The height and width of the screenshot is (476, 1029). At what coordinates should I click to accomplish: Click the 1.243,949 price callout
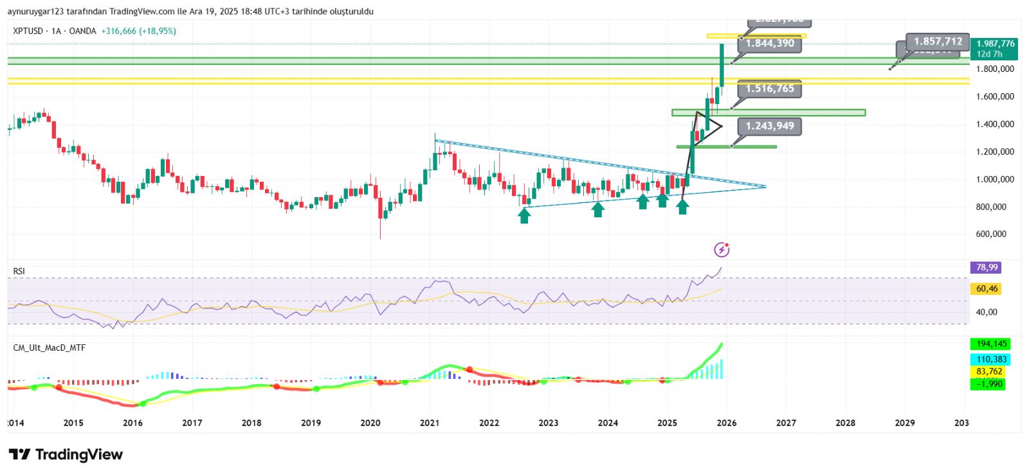tap(769, 126)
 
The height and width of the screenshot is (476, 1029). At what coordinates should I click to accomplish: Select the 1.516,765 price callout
tap(769, 89)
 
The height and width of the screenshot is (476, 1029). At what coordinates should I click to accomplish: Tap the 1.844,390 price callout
tap(770, 43)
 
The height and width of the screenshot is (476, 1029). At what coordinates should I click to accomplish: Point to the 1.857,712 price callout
tap(938, 42)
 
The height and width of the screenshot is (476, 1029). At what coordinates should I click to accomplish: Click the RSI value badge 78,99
tap(987, 267)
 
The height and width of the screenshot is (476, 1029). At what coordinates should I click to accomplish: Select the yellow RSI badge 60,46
tap(987, 288)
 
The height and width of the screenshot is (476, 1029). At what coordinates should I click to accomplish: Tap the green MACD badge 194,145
tap(991, 344)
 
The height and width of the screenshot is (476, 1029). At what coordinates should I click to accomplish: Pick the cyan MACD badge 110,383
tap(991, 359)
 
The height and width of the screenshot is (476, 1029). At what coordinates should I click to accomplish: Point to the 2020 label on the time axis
tap(370, 423)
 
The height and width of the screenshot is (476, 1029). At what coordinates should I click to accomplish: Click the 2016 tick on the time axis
tap(132, 423)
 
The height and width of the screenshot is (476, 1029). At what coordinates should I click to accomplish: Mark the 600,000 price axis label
tap(991, 234)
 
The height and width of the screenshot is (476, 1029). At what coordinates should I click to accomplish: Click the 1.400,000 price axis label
tap(995, 124)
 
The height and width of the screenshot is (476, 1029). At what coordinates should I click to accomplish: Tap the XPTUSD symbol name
tap(28, 31)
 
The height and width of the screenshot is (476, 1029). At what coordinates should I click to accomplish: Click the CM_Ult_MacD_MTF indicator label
tap(50, 348)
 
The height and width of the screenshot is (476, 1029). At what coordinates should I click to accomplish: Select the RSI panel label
tap(19, 271)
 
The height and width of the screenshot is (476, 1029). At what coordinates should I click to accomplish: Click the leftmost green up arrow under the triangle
tap(524, 216)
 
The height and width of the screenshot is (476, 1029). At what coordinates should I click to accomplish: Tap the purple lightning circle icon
tap(722, 249)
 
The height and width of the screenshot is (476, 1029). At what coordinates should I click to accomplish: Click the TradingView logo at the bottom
tap(66, 455)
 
